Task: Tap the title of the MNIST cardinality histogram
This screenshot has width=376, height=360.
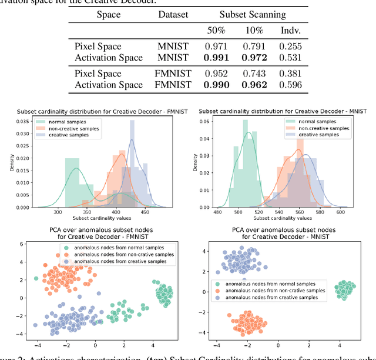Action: pos(283,112)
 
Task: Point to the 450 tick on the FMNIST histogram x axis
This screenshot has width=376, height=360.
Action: pos(145,213)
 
